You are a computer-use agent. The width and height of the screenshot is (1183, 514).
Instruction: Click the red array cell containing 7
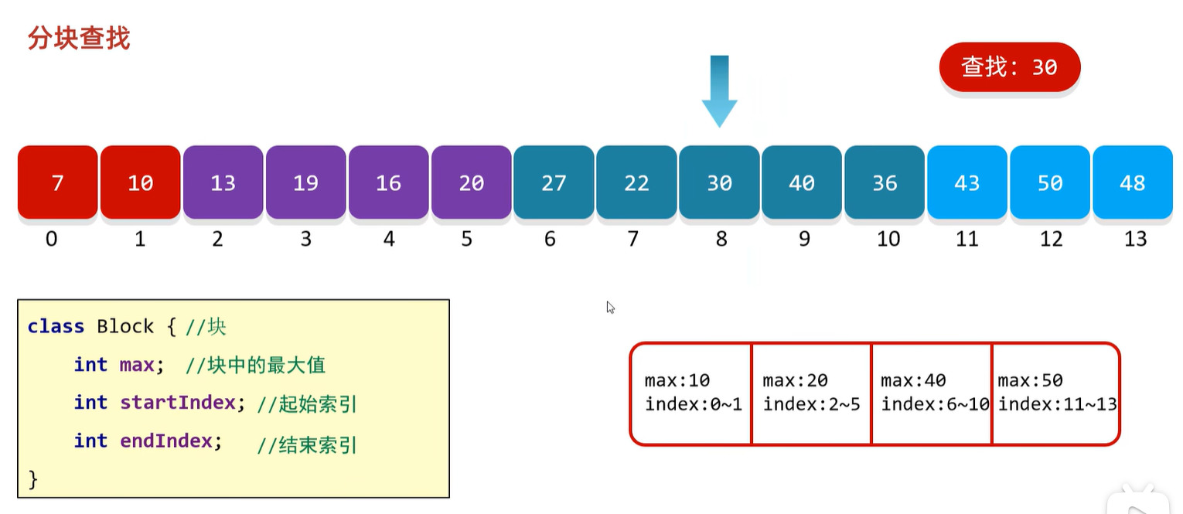pos(57,182)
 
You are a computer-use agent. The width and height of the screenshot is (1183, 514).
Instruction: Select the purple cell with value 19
pos(305,182)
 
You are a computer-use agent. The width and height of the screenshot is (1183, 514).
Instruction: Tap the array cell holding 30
pos(719,182)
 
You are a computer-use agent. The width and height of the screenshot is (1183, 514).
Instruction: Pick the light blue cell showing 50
pos(1049,182)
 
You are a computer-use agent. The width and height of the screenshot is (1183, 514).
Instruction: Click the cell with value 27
pos(554,182)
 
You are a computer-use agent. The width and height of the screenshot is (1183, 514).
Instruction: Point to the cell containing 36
pos(885,182)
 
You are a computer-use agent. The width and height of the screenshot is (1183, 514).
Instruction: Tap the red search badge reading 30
pos(1009,67)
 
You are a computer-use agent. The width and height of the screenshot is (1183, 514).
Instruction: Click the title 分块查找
pos(78,38)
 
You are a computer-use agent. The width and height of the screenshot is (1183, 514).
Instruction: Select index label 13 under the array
pos(1134,239)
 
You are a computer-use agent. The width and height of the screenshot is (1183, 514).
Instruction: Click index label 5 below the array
pos(466,239)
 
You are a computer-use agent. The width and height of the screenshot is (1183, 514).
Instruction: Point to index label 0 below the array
pos(51,239)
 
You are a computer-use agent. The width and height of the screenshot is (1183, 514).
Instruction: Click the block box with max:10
pos(691,393)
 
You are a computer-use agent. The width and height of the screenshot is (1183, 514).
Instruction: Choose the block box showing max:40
pos(932,393)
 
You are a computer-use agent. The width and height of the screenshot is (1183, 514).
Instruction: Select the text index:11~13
pos(1057,404)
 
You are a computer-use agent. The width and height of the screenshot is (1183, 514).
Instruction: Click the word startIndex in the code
pos(177,403)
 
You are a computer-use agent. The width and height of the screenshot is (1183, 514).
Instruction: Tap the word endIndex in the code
pos(165,441)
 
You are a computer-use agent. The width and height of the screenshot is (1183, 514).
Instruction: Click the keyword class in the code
pos(56,327)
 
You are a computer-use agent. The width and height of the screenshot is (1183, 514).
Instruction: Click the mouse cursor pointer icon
pos(610,307)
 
